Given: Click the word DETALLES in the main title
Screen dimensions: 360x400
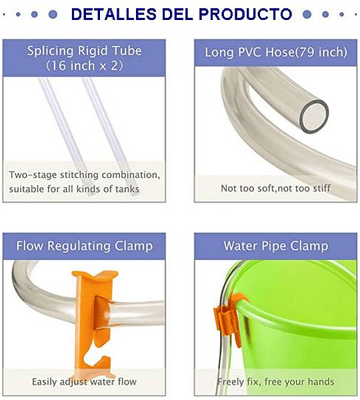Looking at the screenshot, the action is click(113, 14).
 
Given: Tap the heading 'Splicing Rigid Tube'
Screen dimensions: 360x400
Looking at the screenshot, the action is click(85, 51).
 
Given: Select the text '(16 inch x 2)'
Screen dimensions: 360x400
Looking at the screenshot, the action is click(85, 66).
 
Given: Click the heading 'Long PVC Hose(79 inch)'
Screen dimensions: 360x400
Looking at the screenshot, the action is click(276, 52).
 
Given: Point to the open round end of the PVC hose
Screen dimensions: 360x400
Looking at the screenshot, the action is click(314, 116).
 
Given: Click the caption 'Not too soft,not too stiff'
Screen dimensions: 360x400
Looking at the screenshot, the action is click(275, 188).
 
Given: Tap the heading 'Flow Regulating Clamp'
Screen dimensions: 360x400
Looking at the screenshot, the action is click(85, 246).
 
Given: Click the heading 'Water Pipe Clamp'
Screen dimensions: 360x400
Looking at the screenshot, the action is click(276, 246).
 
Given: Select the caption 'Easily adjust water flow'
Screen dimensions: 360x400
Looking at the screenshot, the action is click(84, 382).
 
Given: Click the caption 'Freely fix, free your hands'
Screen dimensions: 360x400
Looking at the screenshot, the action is click(276, 382).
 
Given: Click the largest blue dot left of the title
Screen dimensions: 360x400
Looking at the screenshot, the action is click(53, 14).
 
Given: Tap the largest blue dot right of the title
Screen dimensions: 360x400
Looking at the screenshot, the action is click(307, 14).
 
